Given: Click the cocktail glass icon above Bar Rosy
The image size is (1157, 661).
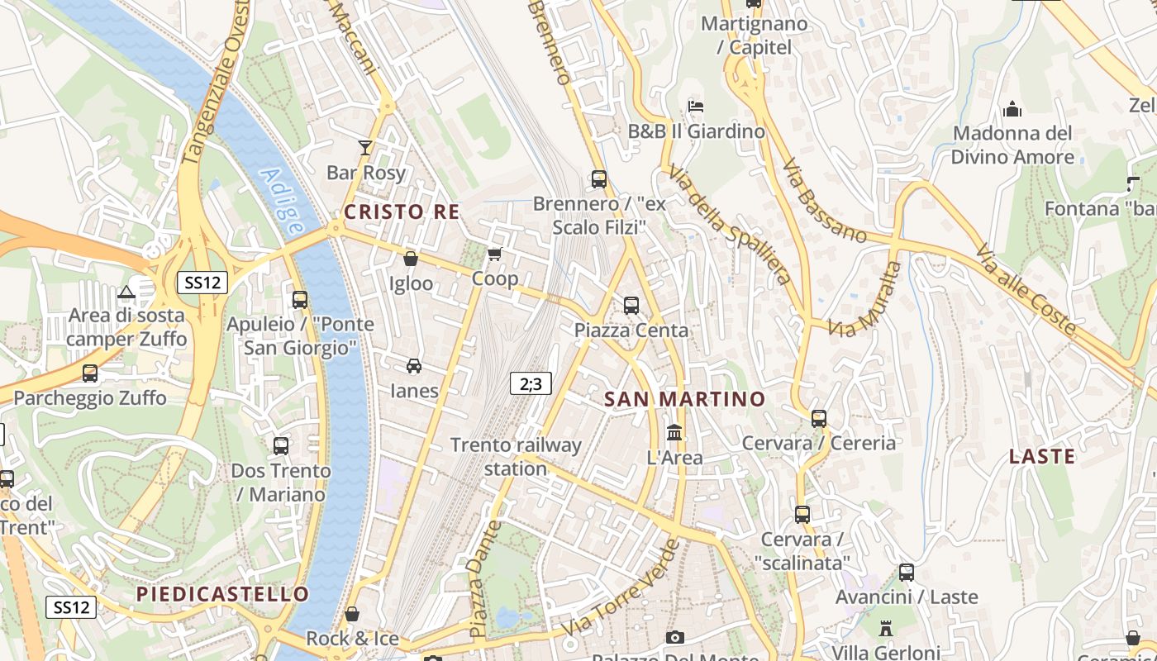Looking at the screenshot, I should point(365,148).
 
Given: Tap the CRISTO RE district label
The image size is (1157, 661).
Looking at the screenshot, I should point(402,212).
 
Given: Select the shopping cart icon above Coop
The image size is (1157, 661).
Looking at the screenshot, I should point(494,254).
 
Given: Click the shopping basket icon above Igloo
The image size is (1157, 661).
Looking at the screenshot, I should point(410,259).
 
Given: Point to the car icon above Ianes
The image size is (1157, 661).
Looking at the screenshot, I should point(414,365).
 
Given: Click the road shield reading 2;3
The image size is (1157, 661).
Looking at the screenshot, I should point(531,383).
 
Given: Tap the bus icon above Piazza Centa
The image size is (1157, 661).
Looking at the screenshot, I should point(631,305).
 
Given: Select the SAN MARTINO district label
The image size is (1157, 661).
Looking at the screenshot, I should point(685,400).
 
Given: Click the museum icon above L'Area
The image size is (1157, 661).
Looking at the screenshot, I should point(674,432).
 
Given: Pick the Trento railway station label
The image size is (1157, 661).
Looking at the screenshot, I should point(516,457).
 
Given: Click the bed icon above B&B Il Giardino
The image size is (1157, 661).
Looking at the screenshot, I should point(696,106).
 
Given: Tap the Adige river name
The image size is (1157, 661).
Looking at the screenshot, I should point(282,201).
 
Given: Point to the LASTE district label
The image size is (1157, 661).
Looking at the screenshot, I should point(1042,457).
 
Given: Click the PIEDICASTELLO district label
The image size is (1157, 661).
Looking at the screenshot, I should point(222,594).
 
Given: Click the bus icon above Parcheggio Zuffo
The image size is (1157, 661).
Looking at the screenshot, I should point(90,373).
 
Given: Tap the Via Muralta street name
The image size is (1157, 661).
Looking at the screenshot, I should point(865,300).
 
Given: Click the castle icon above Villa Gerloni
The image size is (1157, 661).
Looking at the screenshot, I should point(886,628).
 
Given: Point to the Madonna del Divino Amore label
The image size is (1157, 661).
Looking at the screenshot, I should point(1012,145).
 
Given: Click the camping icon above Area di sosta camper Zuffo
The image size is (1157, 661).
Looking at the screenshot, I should point(126,291).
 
